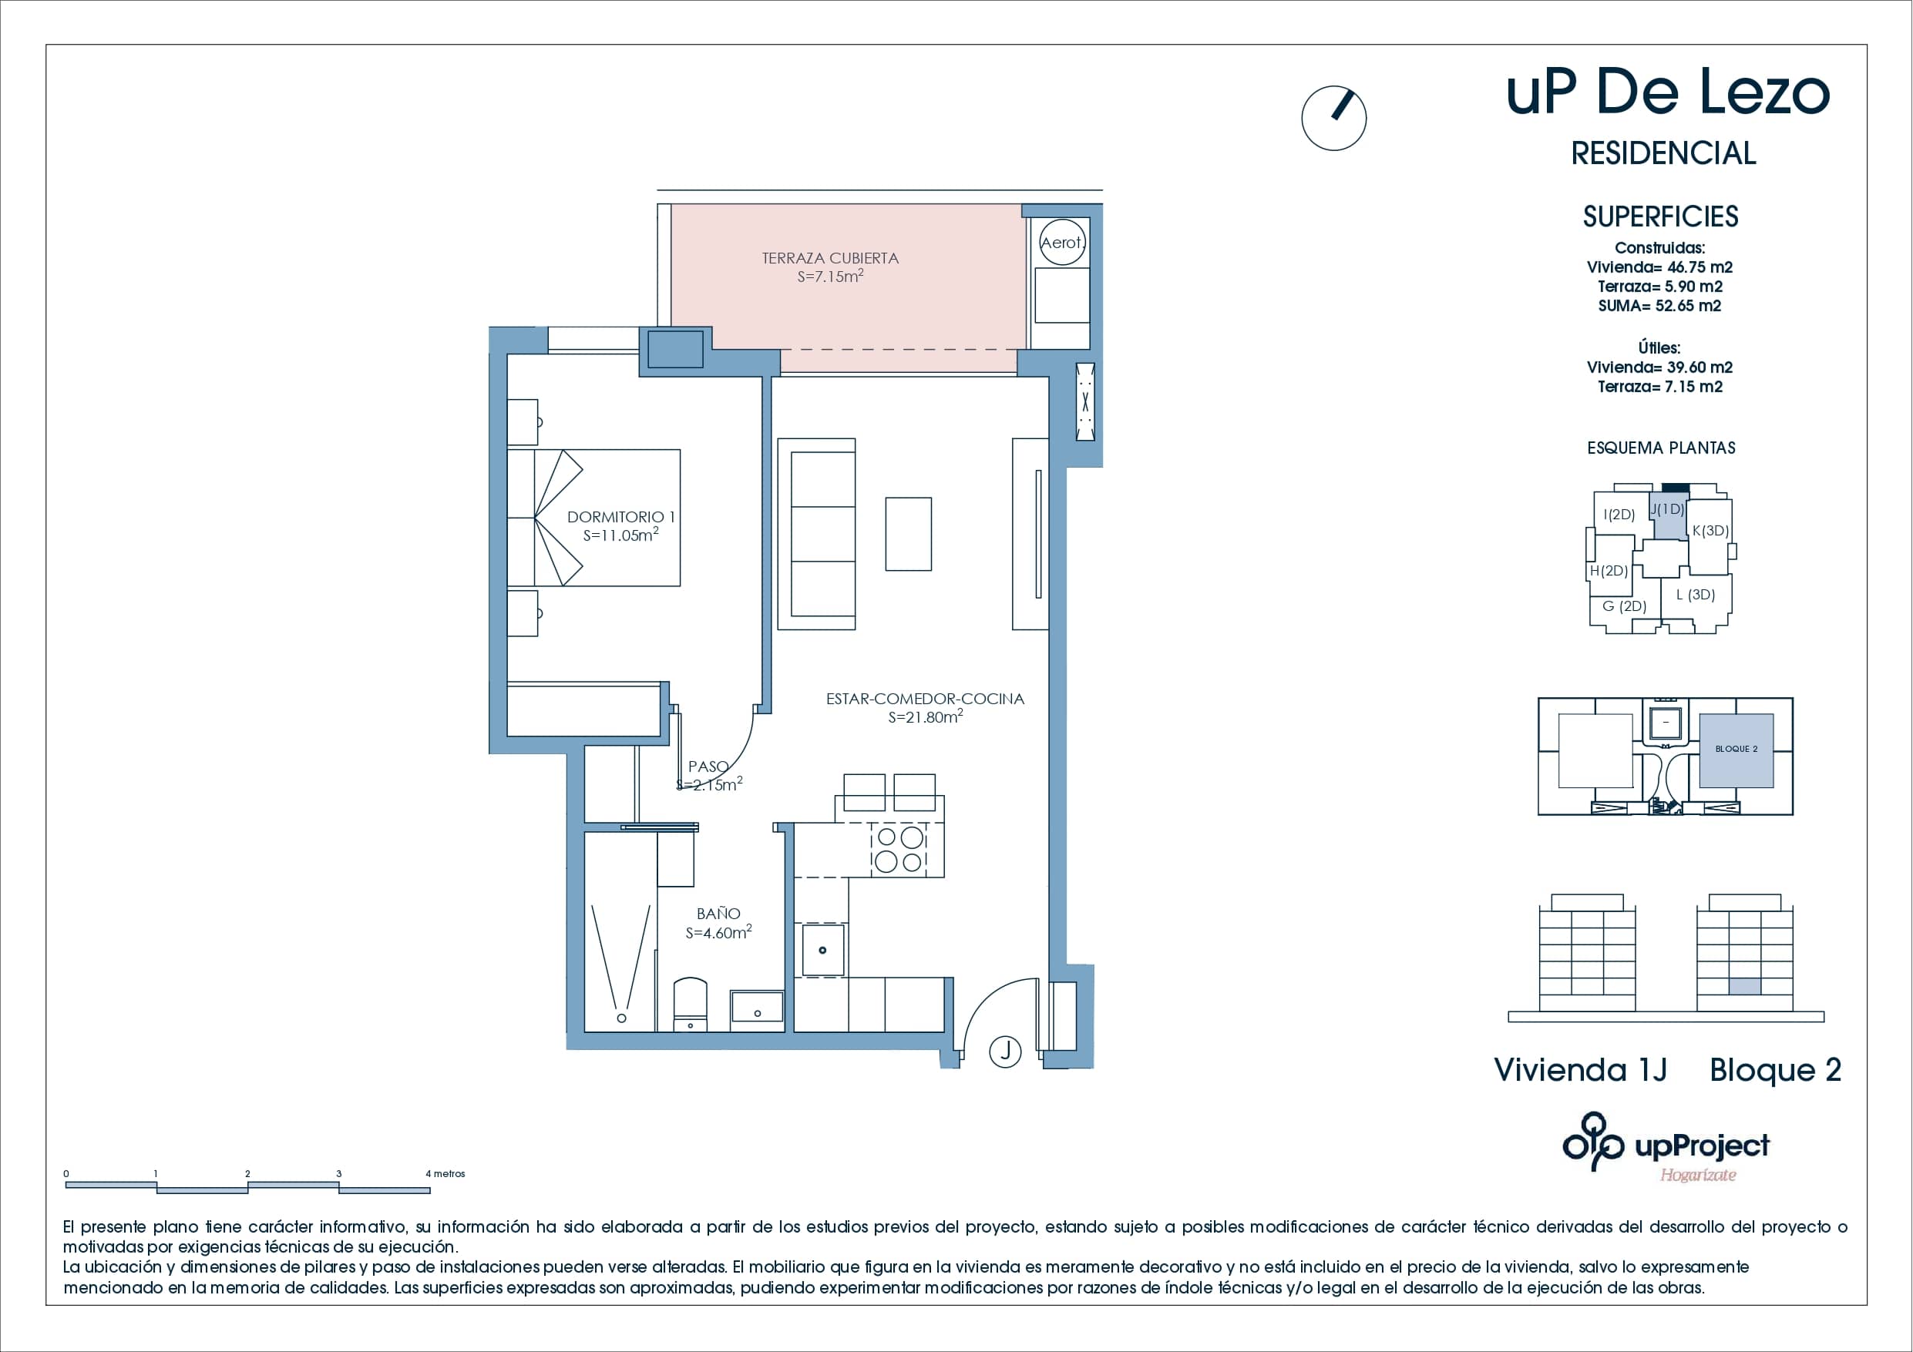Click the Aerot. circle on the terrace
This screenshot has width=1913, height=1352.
coord(1062,243)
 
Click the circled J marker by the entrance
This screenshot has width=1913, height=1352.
coord(1006,1051)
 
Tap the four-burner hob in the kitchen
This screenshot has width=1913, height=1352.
coord(899,849)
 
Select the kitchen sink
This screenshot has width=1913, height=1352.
coord(822,950)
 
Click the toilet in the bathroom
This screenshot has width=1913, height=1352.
coord(690,1004)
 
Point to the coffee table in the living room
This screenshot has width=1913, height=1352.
coord(908,534)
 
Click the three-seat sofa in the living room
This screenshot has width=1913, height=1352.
coord(816,534)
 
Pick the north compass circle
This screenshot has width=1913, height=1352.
coord(1334,119)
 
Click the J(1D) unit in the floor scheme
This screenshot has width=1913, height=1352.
coord(1669,516)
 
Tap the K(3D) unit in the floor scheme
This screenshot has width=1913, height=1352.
coord(1710,531)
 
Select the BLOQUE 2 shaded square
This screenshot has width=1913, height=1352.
coord(1736,750)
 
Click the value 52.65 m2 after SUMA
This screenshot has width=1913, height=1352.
coord(1688,306)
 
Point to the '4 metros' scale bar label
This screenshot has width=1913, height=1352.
coord(445,1174)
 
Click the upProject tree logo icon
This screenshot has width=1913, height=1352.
coord(1593,1141)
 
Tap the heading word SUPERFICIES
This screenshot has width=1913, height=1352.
coord(1660,216)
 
